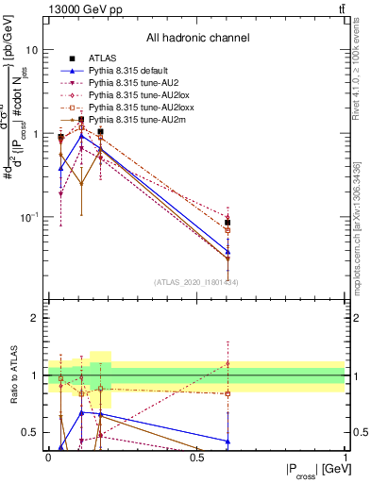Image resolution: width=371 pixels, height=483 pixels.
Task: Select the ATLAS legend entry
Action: coord(105,58)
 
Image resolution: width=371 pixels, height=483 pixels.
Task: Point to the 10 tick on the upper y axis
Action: coord(32,49)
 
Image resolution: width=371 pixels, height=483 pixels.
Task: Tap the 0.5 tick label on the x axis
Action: coord(196,458)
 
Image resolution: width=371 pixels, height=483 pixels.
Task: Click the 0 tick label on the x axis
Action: coord(48,458)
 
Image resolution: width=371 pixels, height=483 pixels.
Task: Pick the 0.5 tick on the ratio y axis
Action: coord(32,432)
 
